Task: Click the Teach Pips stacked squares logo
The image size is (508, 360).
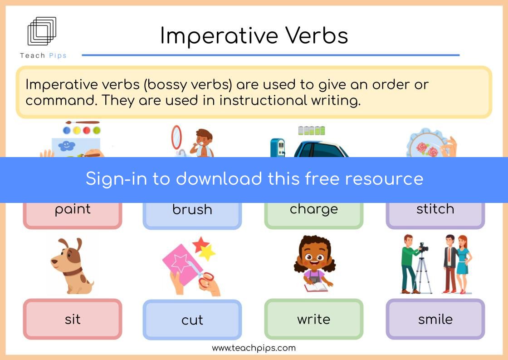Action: pyautogui.click(x=42, y=31)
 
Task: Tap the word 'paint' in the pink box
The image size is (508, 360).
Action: pyautogui.click(x=73, y=209)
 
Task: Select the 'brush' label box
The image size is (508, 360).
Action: pyautogui.click(x=192, y=214)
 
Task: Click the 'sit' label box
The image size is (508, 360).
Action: pyautogui.click(x=73, y=319)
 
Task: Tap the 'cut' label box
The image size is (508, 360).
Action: pyautogui.click(x=192, y=320)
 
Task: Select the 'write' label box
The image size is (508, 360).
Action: pyautogui.click(x=313, y=319)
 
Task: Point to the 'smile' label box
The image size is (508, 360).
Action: pyautogui.click(x=435, y=319)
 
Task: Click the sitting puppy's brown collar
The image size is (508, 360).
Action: pyautogui.click(x=73, y=271)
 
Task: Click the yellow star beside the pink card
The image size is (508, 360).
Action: pyautogui.click(x=207, y=252)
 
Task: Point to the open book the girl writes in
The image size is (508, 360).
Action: pyautogui.click(x=315, y=287)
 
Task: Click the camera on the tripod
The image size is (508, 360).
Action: pyautogui.click(x=423, y=248)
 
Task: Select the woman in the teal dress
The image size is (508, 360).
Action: pyautogui.click(x=463, y=263)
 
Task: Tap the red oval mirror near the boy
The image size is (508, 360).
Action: pyautogui.click(x=176, y=137)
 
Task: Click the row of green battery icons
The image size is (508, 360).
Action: pyautogui.click(x=311, y=130)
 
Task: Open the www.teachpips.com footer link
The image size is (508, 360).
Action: pyautogui.click(x=254, y=348)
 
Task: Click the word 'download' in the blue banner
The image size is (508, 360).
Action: pyautogui.click(x=219, y=178)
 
